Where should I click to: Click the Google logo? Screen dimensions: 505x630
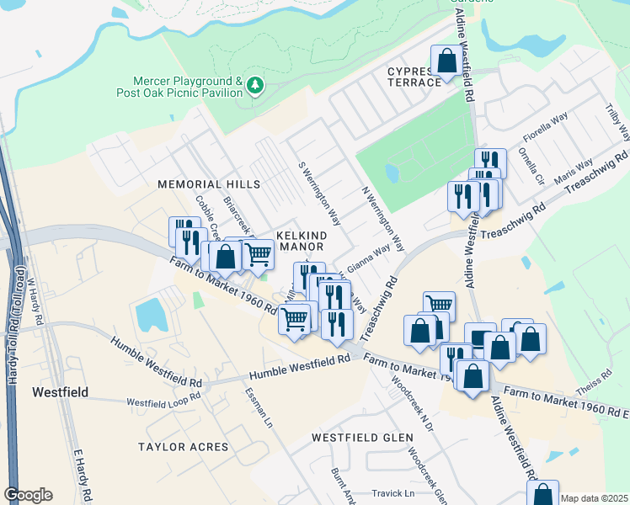coord(28,495)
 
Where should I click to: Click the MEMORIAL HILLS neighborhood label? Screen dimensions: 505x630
coord(209,183)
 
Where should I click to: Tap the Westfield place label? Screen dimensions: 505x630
coord(60,391)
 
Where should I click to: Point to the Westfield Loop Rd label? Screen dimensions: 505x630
coord(164,402)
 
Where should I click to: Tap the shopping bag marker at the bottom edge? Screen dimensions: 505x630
coord(544,494)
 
